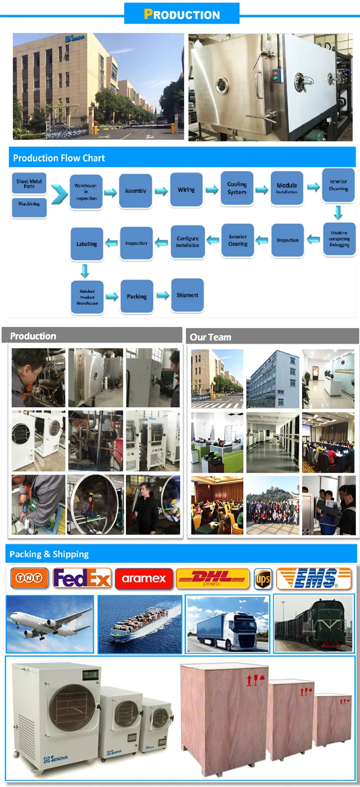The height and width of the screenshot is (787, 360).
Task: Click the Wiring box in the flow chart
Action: click(186, 190)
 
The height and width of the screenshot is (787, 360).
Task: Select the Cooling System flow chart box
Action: click(237, 188)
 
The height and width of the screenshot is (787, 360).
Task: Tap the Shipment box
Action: click(187, 295)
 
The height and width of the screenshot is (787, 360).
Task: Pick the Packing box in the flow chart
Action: click(137, 297)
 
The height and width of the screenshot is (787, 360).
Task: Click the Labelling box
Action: click(87, 244)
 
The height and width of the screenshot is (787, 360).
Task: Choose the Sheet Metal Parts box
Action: click(29, 183)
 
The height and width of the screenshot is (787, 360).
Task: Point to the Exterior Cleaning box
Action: click(238, 240)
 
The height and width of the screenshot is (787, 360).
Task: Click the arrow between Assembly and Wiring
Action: click(161, 191)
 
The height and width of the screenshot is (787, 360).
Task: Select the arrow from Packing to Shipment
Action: click(163, 295)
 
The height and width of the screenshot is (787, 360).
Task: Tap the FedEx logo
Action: click(82, 578)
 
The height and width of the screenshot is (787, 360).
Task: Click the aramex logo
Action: click(144, 579)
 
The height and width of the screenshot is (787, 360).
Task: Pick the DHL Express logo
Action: click(213, 578)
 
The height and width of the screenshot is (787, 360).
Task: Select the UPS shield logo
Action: click(263, 579)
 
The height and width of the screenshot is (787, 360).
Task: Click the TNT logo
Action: click(29, 578)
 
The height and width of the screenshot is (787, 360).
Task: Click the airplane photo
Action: click(50, 624)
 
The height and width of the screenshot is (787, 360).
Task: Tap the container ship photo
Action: click(140, 624)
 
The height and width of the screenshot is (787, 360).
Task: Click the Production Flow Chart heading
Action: click(59, 158)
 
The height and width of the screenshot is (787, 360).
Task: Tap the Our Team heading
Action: click(210, 337)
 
